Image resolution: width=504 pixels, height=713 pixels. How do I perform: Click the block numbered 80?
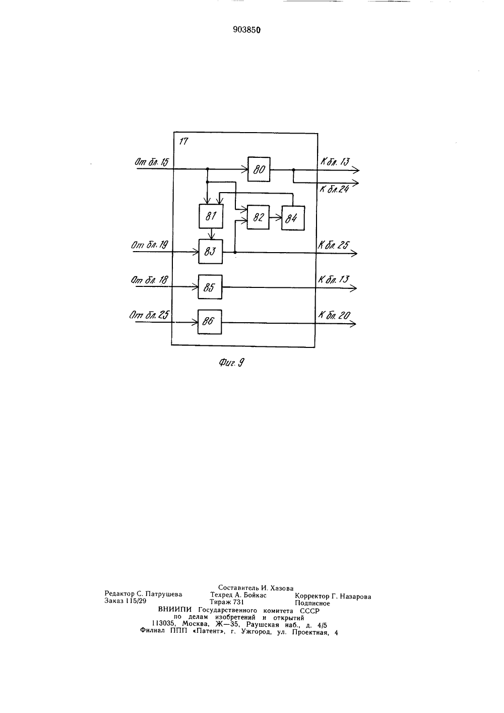(x=259, y=169)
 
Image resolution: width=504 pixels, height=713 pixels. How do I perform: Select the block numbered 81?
(x=211, y=216)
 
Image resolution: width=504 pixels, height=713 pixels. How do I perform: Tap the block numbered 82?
(x=258, y=217)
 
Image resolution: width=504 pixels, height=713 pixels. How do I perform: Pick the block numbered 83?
(x=210, y=252)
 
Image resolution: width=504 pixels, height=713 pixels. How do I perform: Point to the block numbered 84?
(x=293, y=218)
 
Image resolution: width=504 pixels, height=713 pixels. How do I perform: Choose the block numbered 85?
(x=210, y=287)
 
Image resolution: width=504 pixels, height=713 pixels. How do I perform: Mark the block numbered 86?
(x=210, y=322)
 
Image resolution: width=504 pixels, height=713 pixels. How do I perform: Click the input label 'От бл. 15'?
(x=152, y=162)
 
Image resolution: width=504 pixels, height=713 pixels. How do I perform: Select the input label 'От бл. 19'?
(x=150, y=245)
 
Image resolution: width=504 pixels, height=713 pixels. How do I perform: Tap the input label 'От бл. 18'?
(x=149, y=280)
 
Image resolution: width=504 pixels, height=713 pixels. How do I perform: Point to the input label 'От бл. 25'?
(x=149, y=315)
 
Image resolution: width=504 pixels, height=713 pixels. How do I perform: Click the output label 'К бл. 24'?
(x=334, y=190)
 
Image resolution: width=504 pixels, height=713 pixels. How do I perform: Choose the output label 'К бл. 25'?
(x=334, y=245)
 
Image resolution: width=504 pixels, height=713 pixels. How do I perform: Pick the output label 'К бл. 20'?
(x=334, y=315)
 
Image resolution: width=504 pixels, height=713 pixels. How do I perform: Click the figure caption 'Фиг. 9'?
(x=232, y=363)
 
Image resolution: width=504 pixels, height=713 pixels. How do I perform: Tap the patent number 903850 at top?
(x=246, y=30)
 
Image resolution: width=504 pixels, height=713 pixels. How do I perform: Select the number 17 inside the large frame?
(x=183, y=141)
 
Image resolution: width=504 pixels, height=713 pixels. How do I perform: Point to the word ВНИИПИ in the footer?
(x=175, y=610)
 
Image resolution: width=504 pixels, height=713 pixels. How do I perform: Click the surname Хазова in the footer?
(x=282, y=587)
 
